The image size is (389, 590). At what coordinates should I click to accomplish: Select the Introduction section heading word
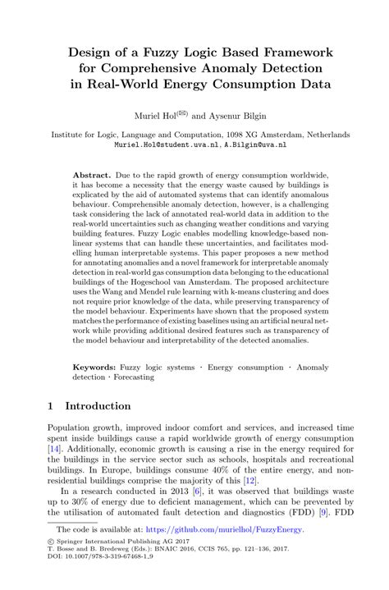pos(98,406)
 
